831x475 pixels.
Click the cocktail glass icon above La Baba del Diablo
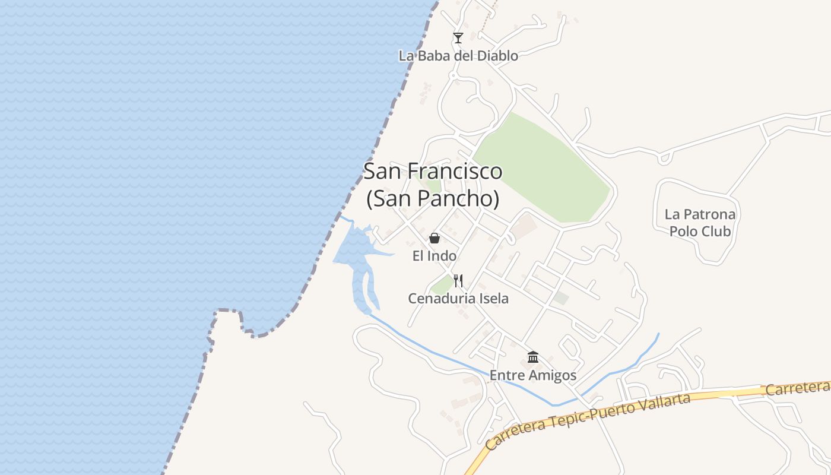click(458, 38)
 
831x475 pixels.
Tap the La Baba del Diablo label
click(458, 56)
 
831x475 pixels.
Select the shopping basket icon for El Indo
click(434, 238)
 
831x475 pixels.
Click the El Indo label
click(434, 256)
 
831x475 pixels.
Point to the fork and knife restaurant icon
click(458, 280)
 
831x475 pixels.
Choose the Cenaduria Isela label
click(458, 298)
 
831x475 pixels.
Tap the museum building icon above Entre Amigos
click(533, 357)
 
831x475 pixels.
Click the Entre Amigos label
click(533, 375)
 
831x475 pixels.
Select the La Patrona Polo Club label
click(700, 223)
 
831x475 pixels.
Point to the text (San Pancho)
click(433, 198)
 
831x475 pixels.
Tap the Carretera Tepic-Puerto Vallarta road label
click(588, 420)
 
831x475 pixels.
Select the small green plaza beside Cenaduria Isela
click(442, 284)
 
